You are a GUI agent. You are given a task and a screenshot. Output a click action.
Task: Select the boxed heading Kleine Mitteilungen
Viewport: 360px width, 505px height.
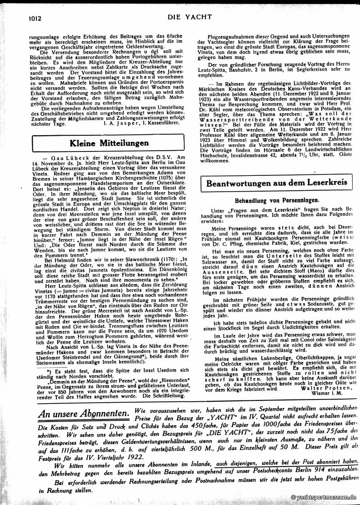109,143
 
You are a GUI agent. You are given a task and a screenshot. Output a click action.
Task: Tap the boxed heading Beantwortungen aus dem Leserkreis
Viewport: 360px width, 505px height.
276,184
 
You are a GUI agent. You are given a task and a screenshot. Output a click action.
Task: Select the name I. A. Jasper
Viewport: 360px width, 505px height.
121,122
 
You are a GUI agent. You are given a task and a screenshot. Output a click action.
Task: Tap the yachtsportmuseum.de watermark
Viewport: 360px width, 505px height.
324,496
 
